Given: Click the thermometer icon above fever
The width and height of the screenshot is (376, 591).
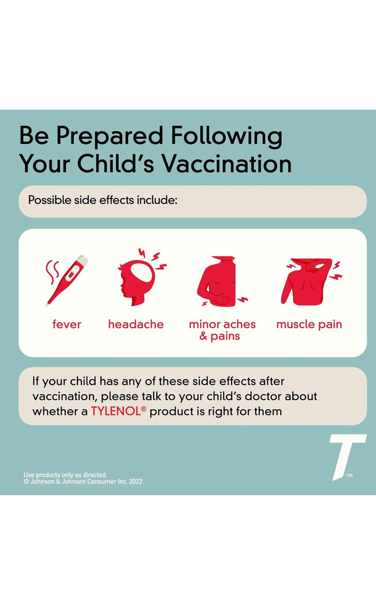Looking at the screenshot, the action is (67, 281).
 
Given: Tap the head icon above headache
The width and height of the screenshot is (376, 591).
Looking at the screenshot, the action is (140, 277).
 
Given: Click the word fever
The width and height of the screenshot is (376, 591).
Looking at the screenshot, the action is (67, 324).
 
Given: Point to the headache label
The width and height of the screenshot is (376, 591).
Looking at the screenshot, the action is (136, 324).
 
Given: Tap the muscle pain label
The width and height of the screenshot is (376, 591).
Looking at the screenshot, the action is (309, 325).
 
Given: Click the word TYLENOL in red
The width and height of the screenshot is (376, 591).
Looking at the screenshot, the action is (116, 411).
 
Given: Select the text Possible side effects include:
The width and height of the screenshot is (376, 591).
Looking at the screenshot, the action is (103, 200).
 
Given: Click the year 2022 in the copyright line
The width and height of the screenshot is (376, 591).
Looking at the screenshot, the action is (135, 481).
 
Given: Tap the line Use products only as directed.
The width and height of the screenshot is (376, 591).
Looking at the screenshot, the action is (65, 475).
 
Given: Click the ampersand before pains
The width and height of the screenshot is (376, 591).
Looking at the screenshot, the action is (204, 336).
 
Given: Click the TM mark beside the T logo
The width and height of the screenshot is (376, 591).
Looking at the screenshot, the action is (349, 476).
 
